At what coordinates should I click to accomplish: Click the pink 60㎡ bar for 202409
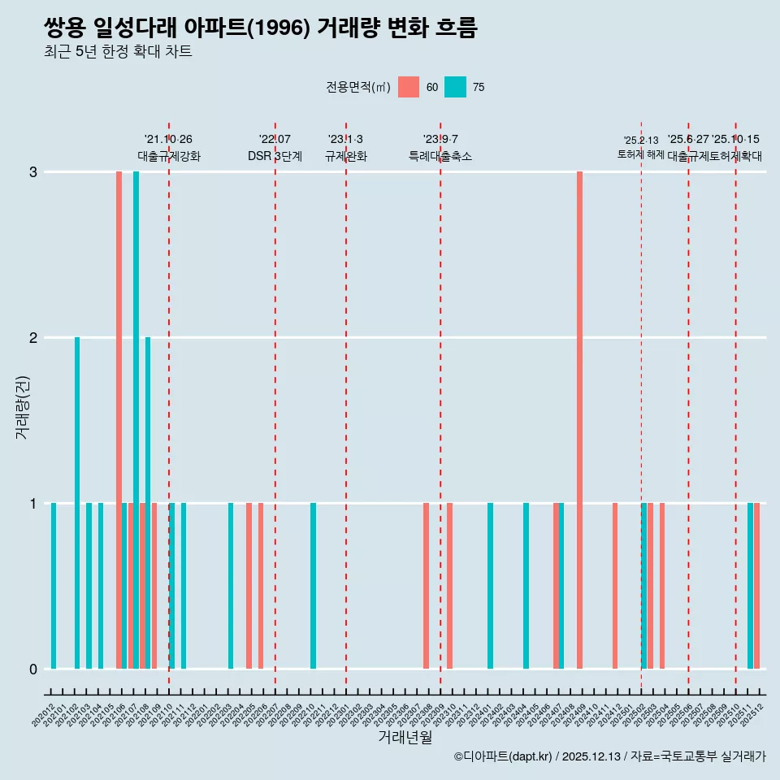579,420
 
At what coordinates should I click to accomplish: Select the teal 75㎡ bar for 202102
77,503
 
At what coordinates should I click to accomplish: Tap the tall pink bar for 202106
119,420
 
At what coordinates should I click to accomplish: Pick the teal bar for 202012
54,586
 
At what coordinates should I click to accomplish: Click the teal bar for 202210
313,586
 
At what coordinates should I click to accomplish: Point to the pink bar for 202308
426,586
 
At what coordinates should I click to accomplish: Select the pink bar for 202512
756,586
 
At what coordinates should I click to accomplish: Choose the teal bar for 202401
490,586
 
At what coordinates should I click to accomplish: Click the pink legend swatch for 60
409,87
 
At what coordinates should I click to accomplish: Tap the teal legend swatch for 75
455,87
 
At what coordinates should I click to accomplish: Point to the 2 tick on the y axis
33,338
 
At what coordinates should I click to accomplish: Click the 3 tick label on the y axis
33,172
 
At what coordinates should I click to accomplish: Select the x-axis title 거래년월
405,737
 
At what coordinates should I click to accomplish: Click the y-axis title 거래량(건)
22,406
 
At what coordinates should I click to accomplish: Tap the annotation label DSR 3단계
275,156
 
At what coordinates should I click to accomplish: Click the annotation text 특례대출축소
440,156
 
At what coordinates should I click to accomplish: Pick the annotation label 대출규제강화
168,156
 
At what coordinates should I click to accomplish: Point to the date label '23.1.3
345,139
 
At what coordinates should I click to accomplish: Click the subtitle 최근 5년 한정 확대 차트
118,52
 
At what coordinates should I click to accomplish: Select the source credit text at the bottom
609,756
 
